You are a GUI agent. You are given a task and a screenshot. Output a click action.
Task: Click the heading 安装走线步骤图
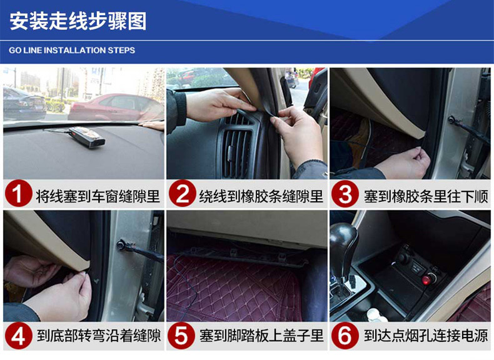pyautogui.click(x=78, y=21)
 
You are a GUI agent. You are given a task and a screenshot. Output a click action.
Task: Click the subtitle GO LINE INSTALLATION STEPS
pyautogui.click(x=72, y=51)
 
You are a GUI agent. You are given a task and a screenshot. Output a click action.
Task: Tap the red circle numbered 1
pyautogui.click(x=18, y=193)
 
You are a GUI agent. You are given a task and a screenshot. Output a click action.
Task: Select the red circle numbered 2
pyautogui.click(x=182, y=193)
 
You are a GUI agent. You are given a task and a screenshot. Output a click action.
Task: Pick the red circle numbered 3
pyautogui.click(x=345, y=193)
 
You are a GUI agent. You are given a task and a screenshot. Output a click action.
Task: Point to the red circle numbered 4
pyautogui.click(x=18, y=335)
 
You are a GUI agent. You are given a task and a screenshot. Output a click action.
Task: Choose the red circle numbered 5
pyautogui.click(x=181, y=335)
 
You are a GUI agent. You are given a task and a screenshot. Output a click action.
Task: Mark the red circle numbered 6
pyautogui.click(x=345, y=335)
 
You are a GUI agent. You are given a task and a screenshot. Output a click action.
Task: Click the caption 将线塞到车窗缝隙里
pyautogui.click(x=98, y=196)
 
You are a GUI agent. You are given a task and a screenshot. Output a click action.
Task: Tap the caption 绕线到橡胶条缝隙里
pyautogui.click(x=261, y=196)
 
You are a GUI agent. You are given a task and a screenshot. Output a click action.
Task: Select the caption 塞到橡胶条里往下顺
pyautogui.click(x=426, y=196)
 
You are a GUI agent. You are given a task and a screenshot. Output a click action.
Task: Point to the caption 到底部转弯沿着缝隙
pyautogui.click(x=99, y=336)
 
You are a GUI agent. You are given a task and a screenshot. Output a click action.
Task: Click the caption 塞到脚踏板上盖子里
pyautogui.click(x=261, y=336)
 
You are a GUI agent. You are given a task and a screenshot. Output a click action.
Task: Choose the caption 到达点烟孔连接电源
pyautogui.click(x=426, y=336)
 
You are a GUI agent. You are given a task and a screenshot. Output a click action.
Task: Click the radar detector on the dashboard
pyautogui.click(x=87, y=137)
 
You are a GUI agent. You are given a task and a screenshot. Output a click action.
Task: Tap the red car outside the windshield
pyautogui.click(x=116, y=107)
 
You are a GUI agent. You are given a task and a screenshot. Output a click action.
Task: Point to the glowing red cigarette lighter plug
pyautogui.click(x=427, y=279)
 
